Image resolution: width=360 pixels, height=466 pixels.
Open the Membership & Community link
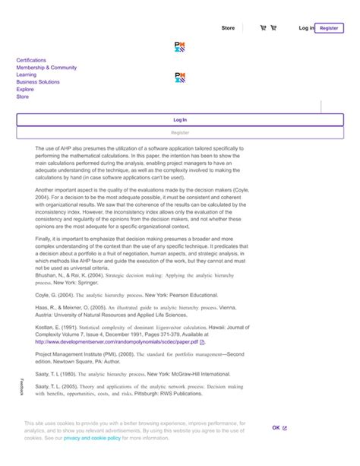(46, 68)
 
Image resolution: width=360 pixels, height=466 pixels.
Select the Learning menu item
(26, 75)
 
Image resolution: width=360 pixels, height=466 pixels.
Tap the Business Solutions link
(37, 82)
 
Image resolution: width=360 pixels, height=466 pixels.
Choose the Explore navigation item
(24, 90)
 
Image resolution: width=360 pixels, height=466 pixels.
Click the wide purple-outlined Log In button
(180, 119)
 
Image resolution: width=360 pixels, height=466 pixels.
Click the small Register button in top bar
(329, 28)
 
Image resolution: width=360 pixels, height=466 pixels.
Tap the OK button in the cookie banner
(276, 428)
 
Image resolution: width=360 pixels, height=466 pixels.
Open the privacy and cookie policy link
(93, 438)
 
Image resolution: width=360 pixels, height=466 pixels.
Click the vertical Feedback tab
(22, 386)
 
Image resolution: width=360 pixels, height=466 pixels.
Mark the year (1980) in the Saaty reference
(68, 375)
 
